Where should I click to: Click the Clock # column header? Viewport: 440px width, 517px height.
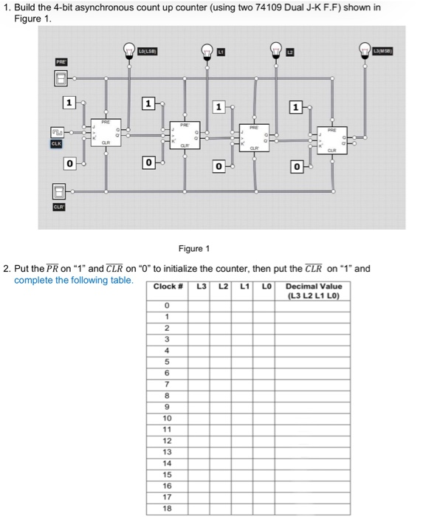pos(167,286)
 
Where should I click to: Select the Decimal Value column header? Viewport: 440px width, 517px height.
pos(314,290)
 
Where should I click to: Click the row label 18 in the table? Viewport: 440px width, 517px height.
pos(167,509)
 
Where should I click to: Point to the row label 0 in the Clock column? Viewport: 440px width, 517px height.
pos(167,305)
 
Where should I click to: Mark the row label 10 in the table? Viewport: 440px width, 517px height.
pos(167,418)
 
